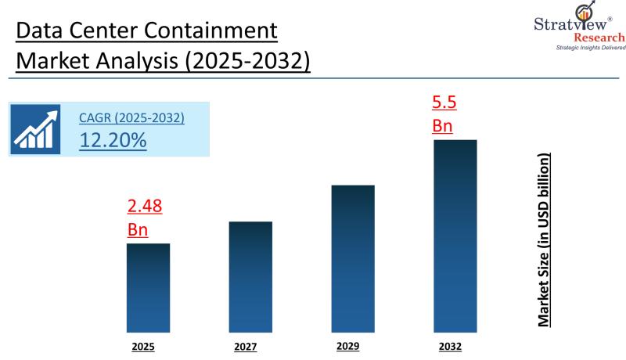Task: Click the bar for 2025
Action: coord(148,287)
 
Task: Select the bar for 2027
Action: coord(250,276)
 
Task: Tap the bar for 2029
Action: coord(353,258)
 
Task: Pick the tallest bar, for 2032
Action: coord(455,236)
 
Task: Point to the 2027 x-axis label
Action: coord(246,346)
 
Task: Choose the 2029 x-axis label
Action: coord(348,345)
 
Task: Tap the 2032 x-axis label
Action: coord(450,345)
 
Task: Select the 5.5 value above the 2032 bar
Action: coord(443,102)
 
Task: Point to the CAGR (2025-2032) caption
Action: coord(131,119)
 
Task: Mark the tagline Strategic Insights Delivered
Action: coord(580,49)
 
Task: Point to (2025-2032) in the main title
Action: coord(247,61)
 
